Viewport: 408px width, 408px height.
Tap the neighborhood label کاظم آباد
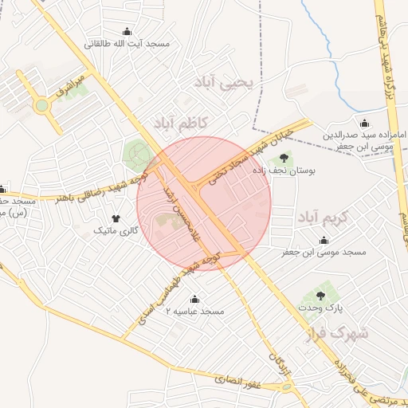(179, 121)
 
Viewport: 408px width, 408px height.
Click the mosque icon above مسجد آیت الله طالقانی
(127, 31)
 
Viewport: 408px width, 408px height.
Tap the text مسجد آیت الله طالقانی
(127, 44)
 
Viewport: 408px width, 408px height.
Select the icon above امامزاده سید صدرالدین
(365, 123)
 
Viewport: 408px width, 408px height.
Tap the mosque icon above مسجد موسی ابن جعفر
(324, 240)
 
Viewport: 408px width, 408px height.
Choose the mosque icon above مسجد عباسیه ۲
(195, 300)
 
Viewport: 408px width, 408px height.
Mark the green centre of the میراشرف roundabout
(40, 104)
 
